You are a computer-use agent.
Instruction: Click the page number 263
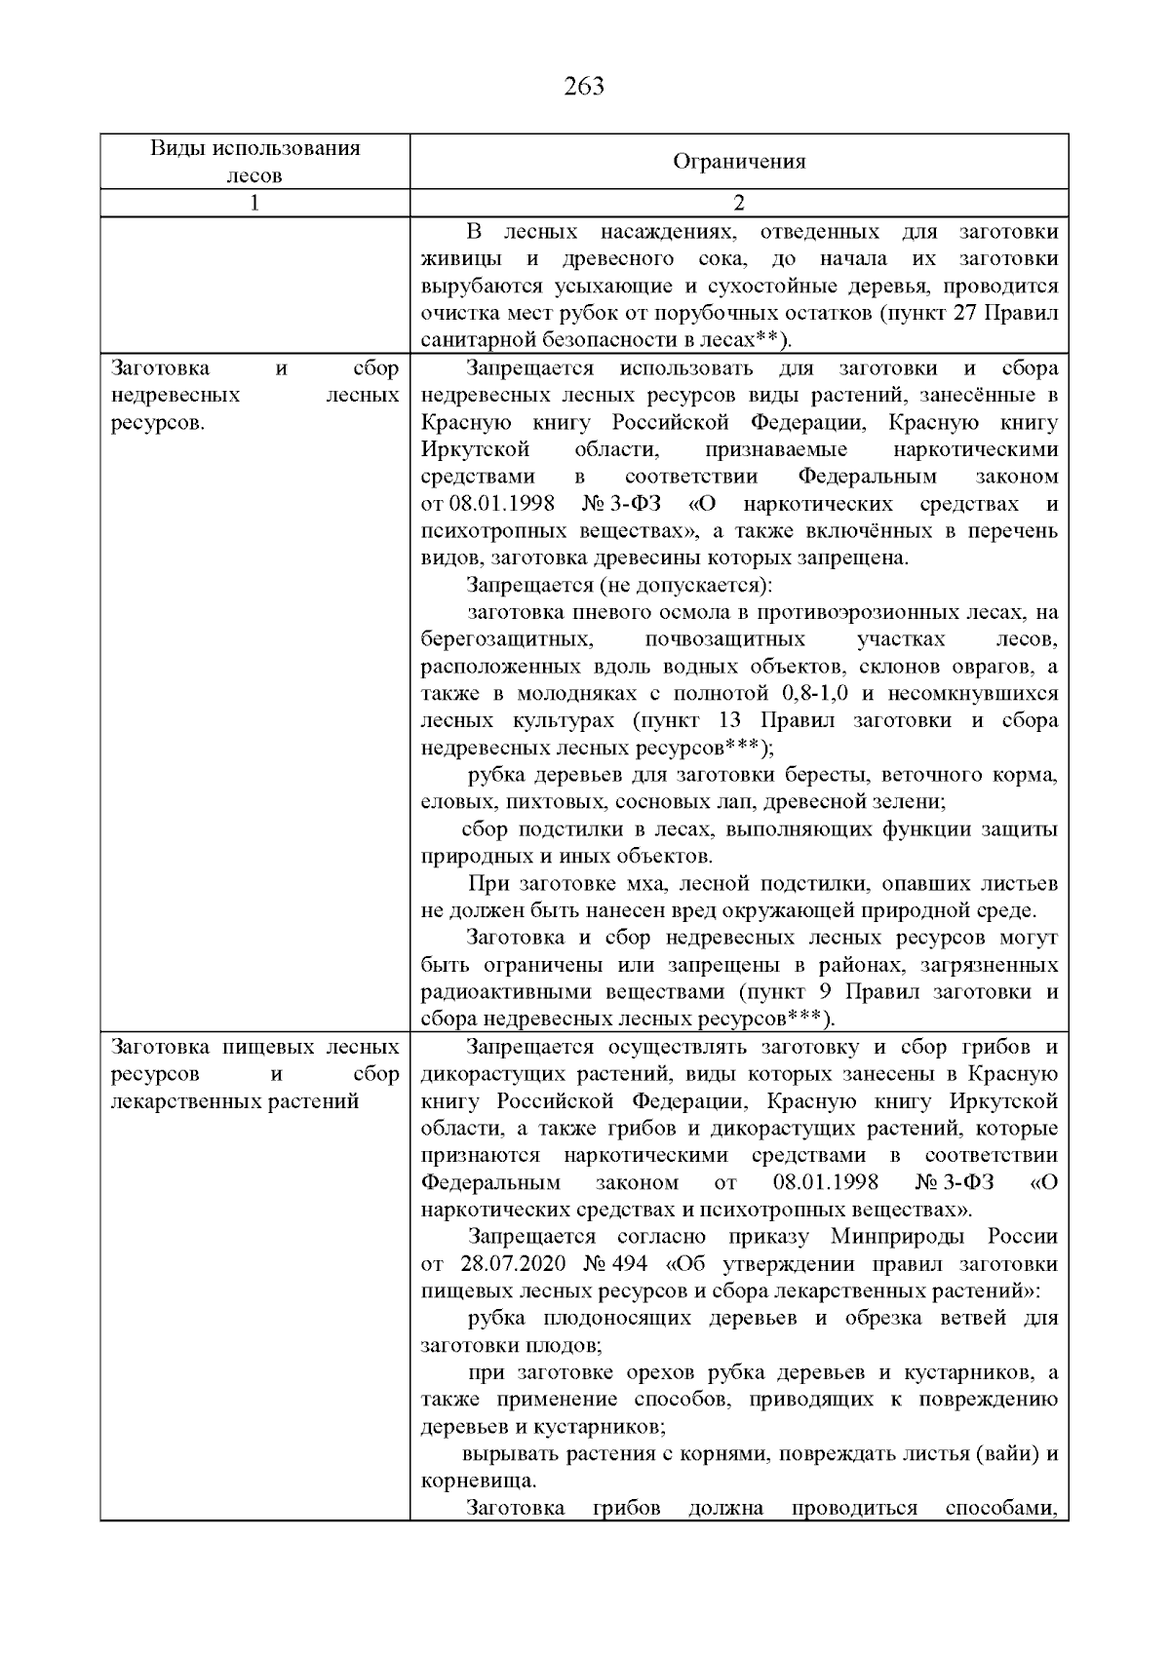584,87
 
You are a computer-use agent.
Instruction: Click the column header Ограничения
739,162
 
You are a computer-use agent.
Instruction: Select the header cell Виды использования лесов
254,162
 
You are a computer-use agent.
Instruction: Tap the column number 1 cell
254,203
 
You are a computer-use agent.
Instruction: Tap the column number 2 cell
739,203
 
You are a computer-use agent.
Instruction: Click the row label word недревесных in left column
175,396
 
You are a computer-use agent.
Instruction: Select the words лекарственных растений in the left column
236,1101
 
